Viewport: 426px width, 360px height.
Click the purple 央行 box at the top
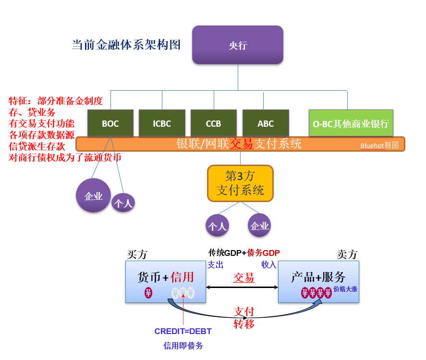238,45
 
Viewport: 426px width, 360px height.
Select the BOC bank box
110,123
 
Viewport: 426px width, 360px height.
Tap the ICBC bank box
162,123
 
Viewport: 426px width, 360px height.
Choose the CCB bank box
214,123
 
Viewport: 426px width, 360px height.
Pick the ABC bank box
266,123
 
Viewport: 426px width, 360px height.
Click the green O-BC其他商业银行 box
351,123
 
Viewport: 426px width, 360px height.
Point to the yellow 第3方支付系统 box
240,183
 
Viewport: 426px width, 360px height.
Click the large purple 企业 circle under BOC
93,195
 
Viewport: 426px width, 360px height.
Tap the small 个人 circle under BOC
123,203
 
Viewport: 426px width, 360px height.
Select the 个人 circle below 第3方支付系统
217,226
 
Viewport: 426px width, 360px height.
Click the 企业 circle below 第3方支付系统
259,226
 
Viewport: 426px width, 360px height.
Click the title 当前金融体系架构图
126,45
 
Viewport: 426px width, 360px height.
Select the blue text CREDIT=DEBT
183,331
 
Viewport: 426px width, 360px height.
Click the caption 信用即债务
183,346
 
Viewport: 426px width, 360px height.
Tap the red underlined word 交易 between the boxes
243,278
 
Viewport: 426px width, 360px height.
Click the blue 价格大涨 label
345,289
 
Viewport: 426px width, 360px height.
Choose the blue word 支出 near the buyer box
215,264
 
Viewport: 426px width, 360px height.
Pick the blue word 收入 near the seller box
269,264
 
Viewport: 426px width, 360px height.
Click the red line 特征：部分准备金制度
56,101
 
